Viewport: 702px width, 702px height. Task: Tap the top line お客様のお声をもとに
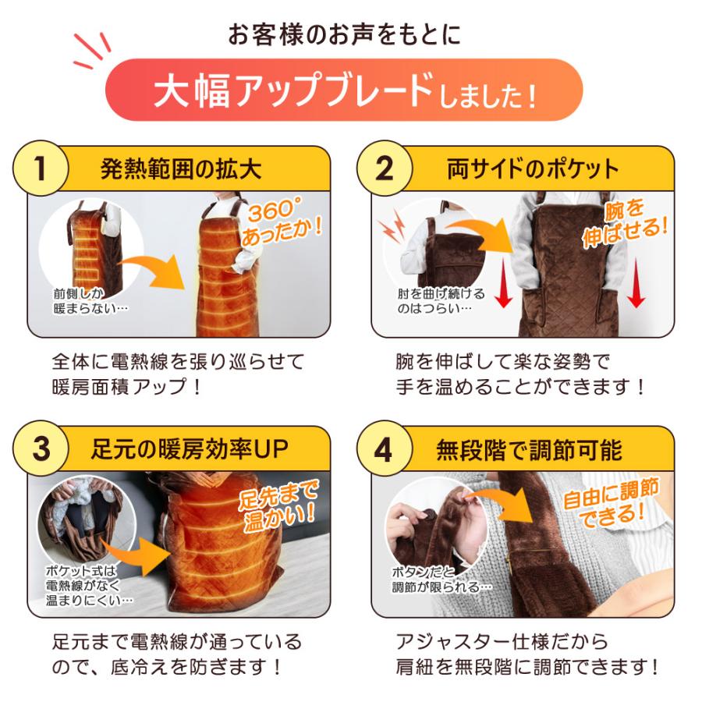(344, 34)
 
